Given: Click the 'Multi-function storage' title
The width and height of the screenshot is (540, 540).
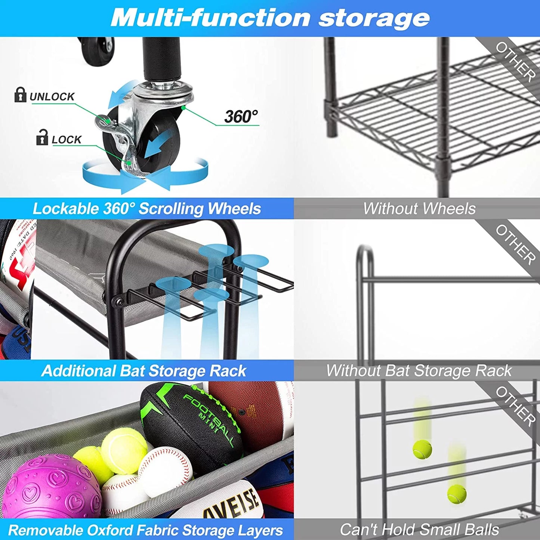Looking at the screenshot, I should [x=270, y=18].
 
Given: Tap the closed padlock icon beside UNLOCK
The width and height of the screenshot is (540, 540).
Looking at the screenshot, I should [x=20, y=95].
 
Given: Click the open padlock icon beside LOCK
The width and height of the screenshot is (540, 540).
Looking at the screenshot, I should [x=42, y=138].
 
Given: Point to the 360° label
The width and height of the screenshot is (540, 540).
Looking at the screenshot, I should [x=241, y=117].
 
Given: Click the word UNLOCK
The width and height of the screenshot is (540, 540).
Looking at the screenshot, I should [x=52, y=97].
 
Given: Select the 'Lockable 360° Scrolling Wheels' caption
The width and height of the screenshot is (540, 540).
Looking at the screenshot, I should [x=146, y=209].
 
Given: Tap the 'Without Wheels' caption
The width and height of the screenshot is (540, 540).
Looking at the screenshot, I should [x=419, y=209].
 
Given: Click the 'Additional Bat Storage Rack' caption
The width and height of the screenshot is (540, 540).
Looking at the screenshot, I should [x=144, y=371].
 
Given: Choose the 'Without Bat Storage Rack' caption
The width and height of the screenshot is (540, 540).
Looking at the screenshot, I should [x=419, y=371].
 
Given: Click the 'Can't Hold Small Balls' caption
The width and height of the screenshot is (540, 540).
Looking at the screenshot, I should [x=419, y=530].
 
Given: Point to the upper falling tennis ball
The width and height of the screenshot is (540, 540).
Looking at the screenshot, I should [x=422, y=449].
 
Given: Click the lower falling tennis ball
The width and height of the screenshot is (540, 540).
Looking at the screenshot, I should [x=457, y=494].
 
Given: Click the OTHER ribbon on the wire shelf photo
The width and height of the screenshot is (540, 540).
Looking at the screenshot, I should [x=515, y=62].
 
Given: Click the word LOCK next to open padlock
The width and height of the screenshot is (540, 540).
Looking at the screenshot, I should [x=66, y=140].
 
